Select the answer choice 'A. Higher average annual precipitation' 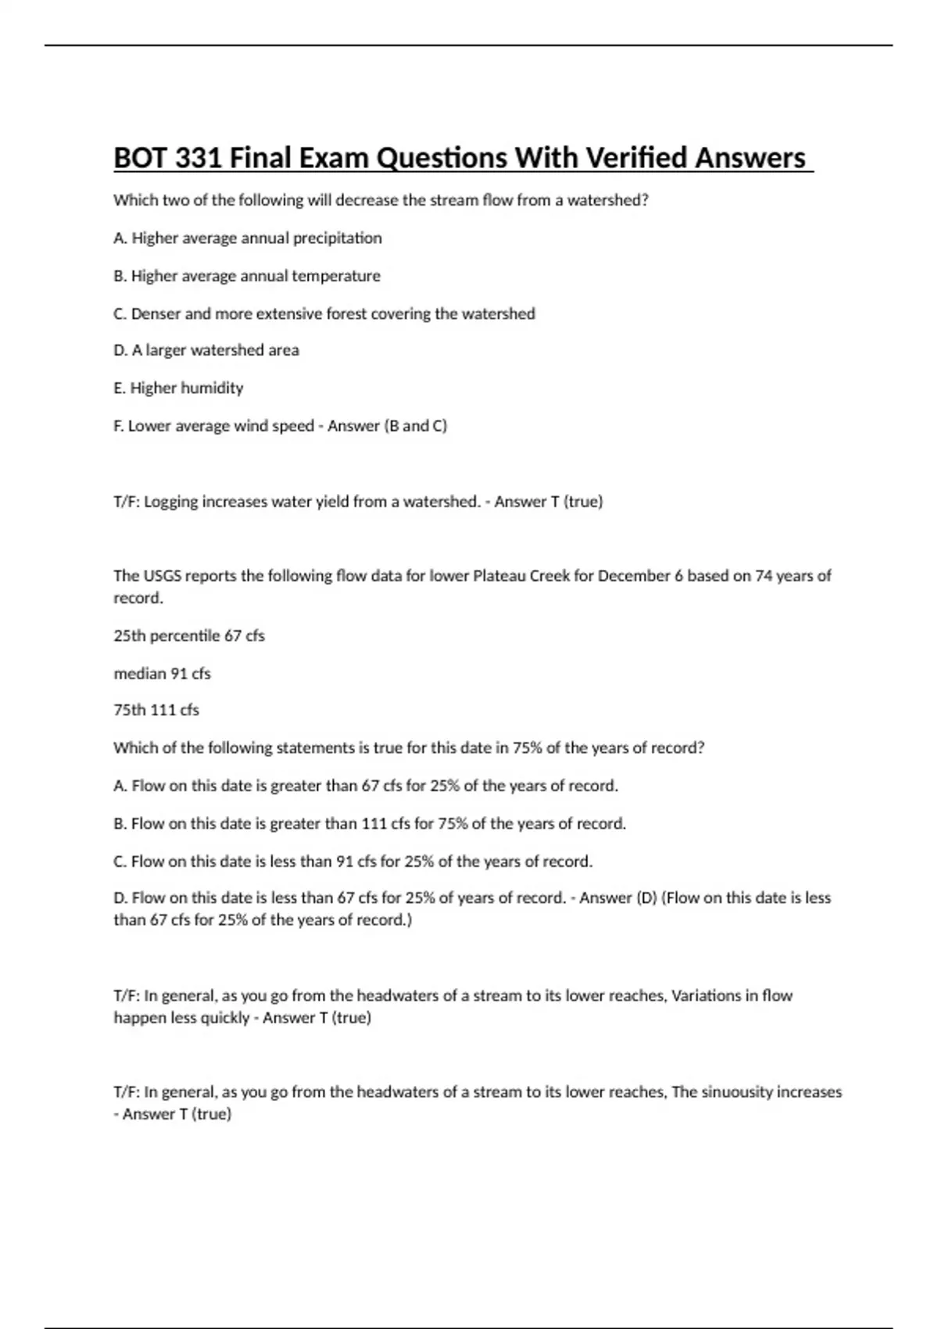[248, 238]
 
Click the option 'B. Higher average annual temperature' [247, 276]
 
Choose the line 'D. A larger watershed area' [206, 350]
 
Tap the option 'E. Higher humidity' [178, 388]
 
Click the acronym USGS [166, 576]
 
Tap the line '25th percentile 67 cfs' [189, 636]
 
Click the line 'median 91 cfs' [162, 673]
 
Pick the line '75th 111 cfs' [156, 711]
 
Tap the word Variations [714, 996]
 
